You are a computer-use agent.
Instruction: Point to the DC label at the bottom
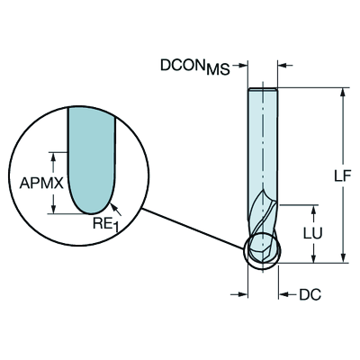[310, 293]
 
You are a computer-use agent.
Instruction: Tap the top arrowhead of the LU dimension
[311, 206]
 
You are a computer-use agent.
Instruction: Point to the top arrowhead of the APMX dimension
[55, 155]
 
